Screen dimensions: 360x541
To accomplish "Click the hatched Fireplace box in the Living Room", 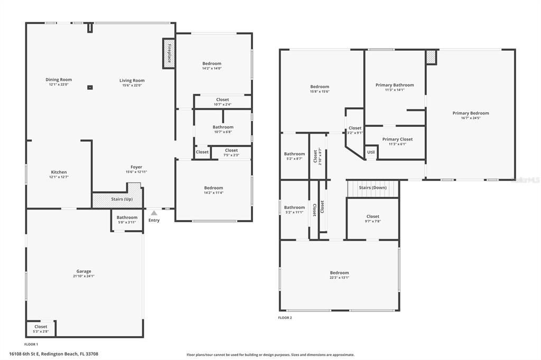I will click(169, 53).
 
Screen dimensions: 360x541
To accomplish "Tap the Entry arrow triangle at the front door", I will click(154, 213).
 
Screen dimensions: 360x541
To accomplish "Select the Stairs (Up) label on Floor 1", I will click(121, 199).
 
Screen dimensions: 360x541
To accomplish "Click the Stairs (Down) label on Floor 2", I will click(372, 187).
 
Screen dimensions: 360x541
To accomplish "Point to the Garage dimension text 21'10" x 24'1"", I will click(83, 276).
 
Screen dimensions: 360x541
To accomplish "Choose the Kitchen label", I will click(59, 172).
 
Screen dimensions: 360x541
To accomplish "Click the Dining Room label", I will click(59, 80).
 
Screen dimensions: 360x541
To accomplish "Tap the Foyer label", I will click(136, 167).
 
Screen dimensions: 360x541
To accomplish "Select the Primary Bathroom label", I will click(395, 85).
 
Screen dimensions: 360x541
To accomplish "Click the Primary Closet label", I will click(397, 139).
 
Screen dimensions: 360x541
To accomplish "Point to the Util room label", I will click(371, 152).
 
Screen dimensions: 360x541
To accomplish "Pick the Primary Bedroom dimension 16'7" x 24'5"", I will click(470, 118).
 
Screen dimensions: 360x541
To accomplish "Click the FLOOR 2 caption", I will click(285, 318).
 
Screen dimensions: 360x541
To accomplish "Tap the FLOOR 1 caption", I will click(31, 344).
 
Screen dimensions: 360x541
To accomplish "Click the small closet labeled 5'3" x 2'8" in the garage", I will click(41, 329).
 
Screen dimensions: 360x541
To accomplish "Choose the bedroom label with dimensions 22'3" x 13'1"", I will click(339, 273).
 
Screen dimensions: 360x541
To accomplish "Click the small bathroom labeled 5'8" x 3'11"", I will click(127, 220).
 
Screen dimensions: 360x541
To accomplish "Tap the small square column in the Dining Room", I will click(90, 87).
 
